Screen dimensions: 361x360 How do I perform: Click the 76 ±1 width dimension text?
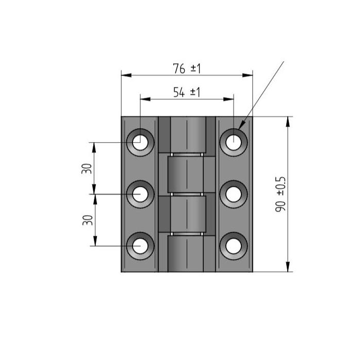tap(187, 68)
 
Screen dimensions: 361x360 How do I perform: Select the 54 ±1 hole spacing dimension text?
tap(187, 92)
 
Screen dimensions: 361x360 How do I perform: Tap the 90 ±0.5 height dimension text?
tap(281, 194)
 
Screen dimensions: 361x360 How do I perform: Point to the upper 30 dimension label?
tap(87, 168)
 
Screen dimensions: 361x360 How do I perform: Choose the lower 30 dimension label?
tap(88, 220)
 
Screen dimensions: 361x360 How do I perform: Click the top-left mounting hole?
tap(140, 142)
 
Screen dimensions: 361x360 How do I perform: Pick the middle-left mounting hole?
tap(140, 194)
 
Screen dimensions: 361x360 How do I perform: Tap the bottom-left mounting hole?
tap(140, 246)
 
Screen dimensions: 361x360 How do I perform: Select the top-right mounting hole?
tap(234, 142)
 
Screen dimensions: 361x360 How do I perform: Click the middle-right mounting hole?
tap(234, 194)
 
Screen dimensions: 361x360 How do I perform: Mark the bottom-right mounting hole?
tap(234, 246)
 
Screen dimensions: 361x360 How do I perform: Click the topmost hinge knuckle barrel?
tap(188, 135)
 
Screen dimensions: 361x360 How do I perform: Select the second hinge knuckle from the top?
tap(186, 175)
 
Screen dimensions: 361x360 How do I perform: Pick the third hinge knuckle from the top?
tap(188, 214)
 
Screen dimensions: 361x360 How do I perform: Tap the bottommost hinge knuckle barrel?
tap(186, 254)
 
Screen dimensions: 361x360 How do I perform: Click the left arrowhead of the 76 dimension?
tap(126, 75)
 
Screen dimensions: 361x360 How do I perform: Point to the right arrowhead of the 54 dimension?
tap(228, 99)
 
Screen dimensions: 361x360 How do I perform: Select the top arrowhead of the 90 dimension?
tap(288, 122)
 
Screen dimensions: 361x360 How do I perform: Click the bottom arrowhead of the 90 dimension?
tap(288, 267)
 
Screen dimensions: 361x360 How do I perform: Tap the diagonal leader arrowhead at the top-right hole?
tap(242, 125)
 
